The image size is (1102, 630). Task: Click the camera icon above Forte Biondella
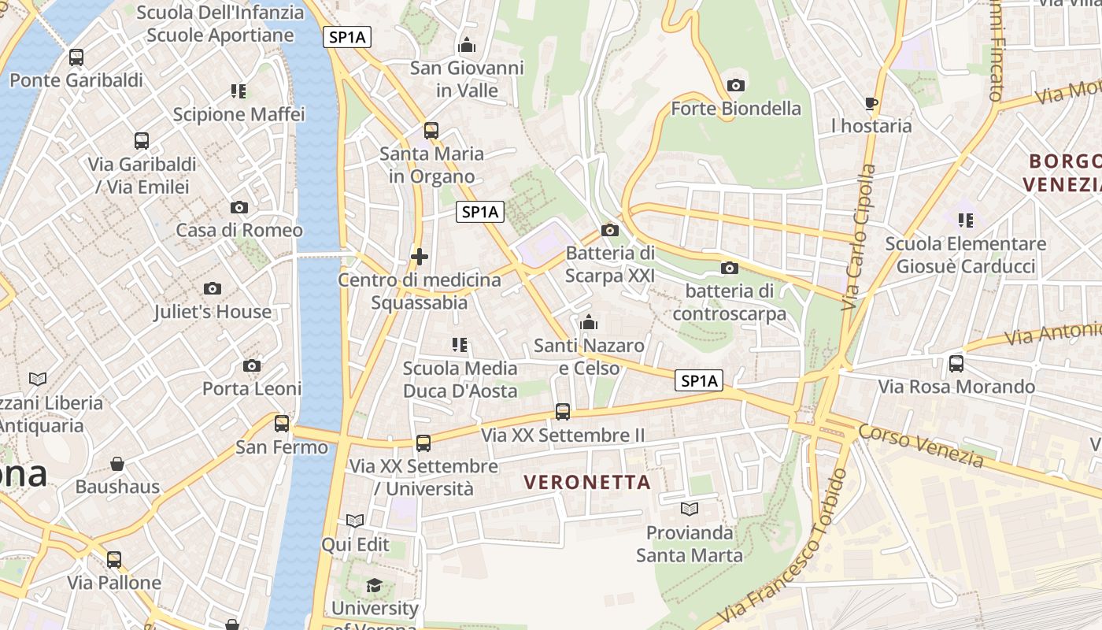[736, 85]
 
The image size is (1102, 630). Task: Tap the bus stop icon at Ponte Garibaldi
[76, 57]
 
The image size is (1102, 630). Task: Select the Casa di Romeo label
[239, 230]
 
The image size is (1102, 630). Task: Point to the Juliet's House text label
[213, 312]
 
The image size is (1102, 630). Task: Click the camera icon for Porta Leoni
[252, 365]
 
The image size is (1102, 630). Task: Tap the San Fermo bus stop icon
[282, 424]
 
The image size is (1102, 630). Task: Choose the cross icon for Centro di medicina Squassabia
[420, 257]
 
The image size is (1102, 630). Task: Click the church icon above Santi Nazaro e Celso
[589, 322]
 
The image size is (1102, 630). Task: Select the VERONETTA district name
[587, 482]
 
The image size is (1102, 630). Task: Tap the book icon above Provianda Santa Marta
[690, 510]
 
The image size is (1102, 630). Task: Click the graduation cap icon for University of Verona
[374, 585]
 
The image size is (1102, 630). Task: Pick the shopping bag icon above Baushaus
[117, 464]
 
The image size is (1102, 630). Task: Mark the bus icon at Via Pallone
[114, 560]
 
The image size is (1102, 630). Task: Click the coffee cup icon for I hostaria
[871, 103]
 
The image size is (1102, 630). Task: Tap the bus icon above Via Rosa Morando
[956, 364]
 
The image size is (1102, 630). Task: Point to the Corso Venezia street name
[920, 446]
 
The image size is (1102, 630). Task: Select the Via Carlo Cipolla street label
[858, 236]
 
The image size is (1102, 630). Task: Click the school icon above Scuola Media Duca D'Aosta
[460, 345]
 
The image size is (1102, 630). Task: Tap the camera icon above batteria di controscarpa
[730, 269]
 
